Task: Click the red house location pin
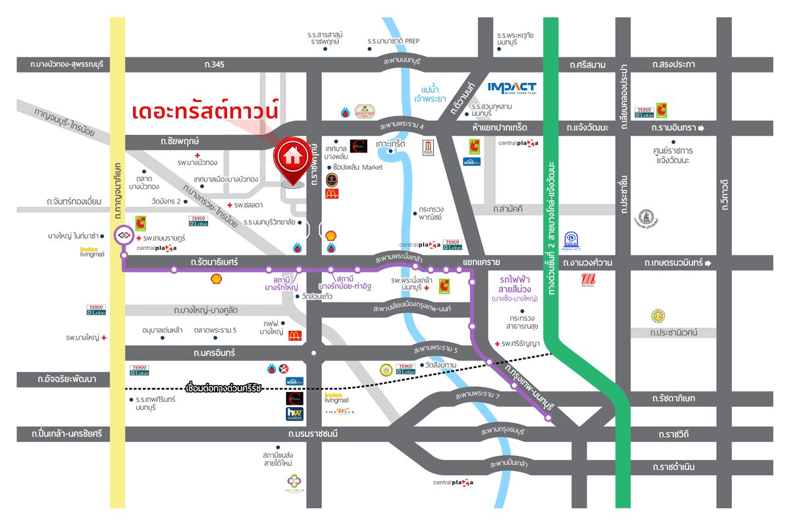tap(290, 157)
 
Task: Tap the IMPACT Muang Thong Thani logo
tap(512, 87)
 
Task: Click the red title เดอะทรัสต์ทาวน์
tap(205, 110)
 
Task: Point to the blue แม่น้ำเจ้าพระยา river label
tap(431, 93)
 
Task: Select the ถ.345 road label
tap(215, 64)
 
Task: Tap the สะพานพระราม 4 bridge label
tap(402, 126)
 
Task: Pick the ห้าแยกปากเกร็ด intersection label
tap(500, 126)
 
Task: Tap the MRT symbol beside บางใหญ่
tap(123, 234)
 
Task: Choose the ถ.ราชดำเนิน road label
tap(674, 468)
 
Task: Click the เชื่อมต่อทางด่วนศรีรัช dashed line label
tap(224, 388)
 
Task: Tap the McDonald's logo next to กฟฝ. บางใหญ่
tap(294, 336)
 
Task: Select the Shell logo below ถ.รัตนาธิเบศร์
tap(217, 279)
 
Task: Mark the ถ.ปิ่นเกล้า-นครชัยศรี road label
tap(63, 434)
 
